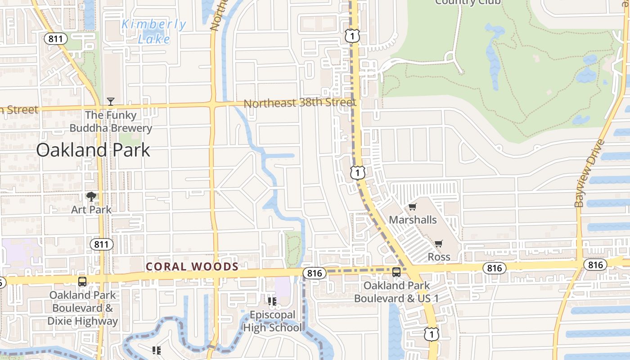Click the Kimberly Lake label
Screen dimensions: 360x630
pyautogui.click(x=153, y=31)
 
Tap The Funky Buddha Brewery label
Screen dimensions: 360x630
pyautogui.click(x=111, y=121)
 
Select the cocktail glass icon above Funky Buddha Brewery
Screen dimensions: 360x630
pyautogui.click(x=111, y=102)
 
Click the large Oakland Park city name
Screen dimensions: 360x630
pyautogui.click(x=93, y=150)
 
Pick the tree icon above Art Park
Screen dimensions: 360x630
pyautogui.click(x=91, y=197)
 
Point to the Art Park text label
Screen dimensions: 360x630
pyautogui.click(x=91, y=209)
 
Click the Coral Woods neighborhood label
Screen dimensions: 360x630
pyautogui.click(x=192, y=267)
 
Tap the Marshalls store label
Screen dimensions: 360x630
pyautogui.click(x=413, y=220)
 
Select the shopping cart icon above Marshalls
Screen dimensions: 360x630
pyautogui.click(x=413, y=207)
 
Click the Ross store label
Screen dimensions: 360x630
pyautogui.click(x=439, y=256)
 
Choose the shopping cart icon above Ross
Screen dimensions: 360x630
pyautogui.click(x=439, y=244)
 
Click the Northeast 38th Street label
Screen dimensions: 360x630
pyautogui.click(x=300, y=103)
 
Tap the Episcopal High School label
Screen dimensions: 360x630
pyautogui.click(x=273, y=321)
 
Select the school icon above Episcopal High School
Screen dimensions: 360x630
pyautogui.click(x=272, y=301)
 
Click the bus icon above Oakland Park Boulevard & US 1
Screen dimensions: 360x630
pyautogui.click(x=396, y=272)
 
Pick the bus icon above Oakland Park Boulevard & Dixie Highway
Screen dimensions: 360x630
pyautogui.click(x=82, y=282)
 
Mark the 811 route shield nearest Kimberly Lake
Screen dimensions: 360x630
pyautogui.click(x=56, y=39)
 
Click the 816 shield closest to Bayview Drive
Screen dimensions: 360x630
pyautogui.click(x=595, y=265)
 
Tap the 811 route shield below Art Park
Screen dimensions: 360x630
pyautogui.click(x=101, y=244)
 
